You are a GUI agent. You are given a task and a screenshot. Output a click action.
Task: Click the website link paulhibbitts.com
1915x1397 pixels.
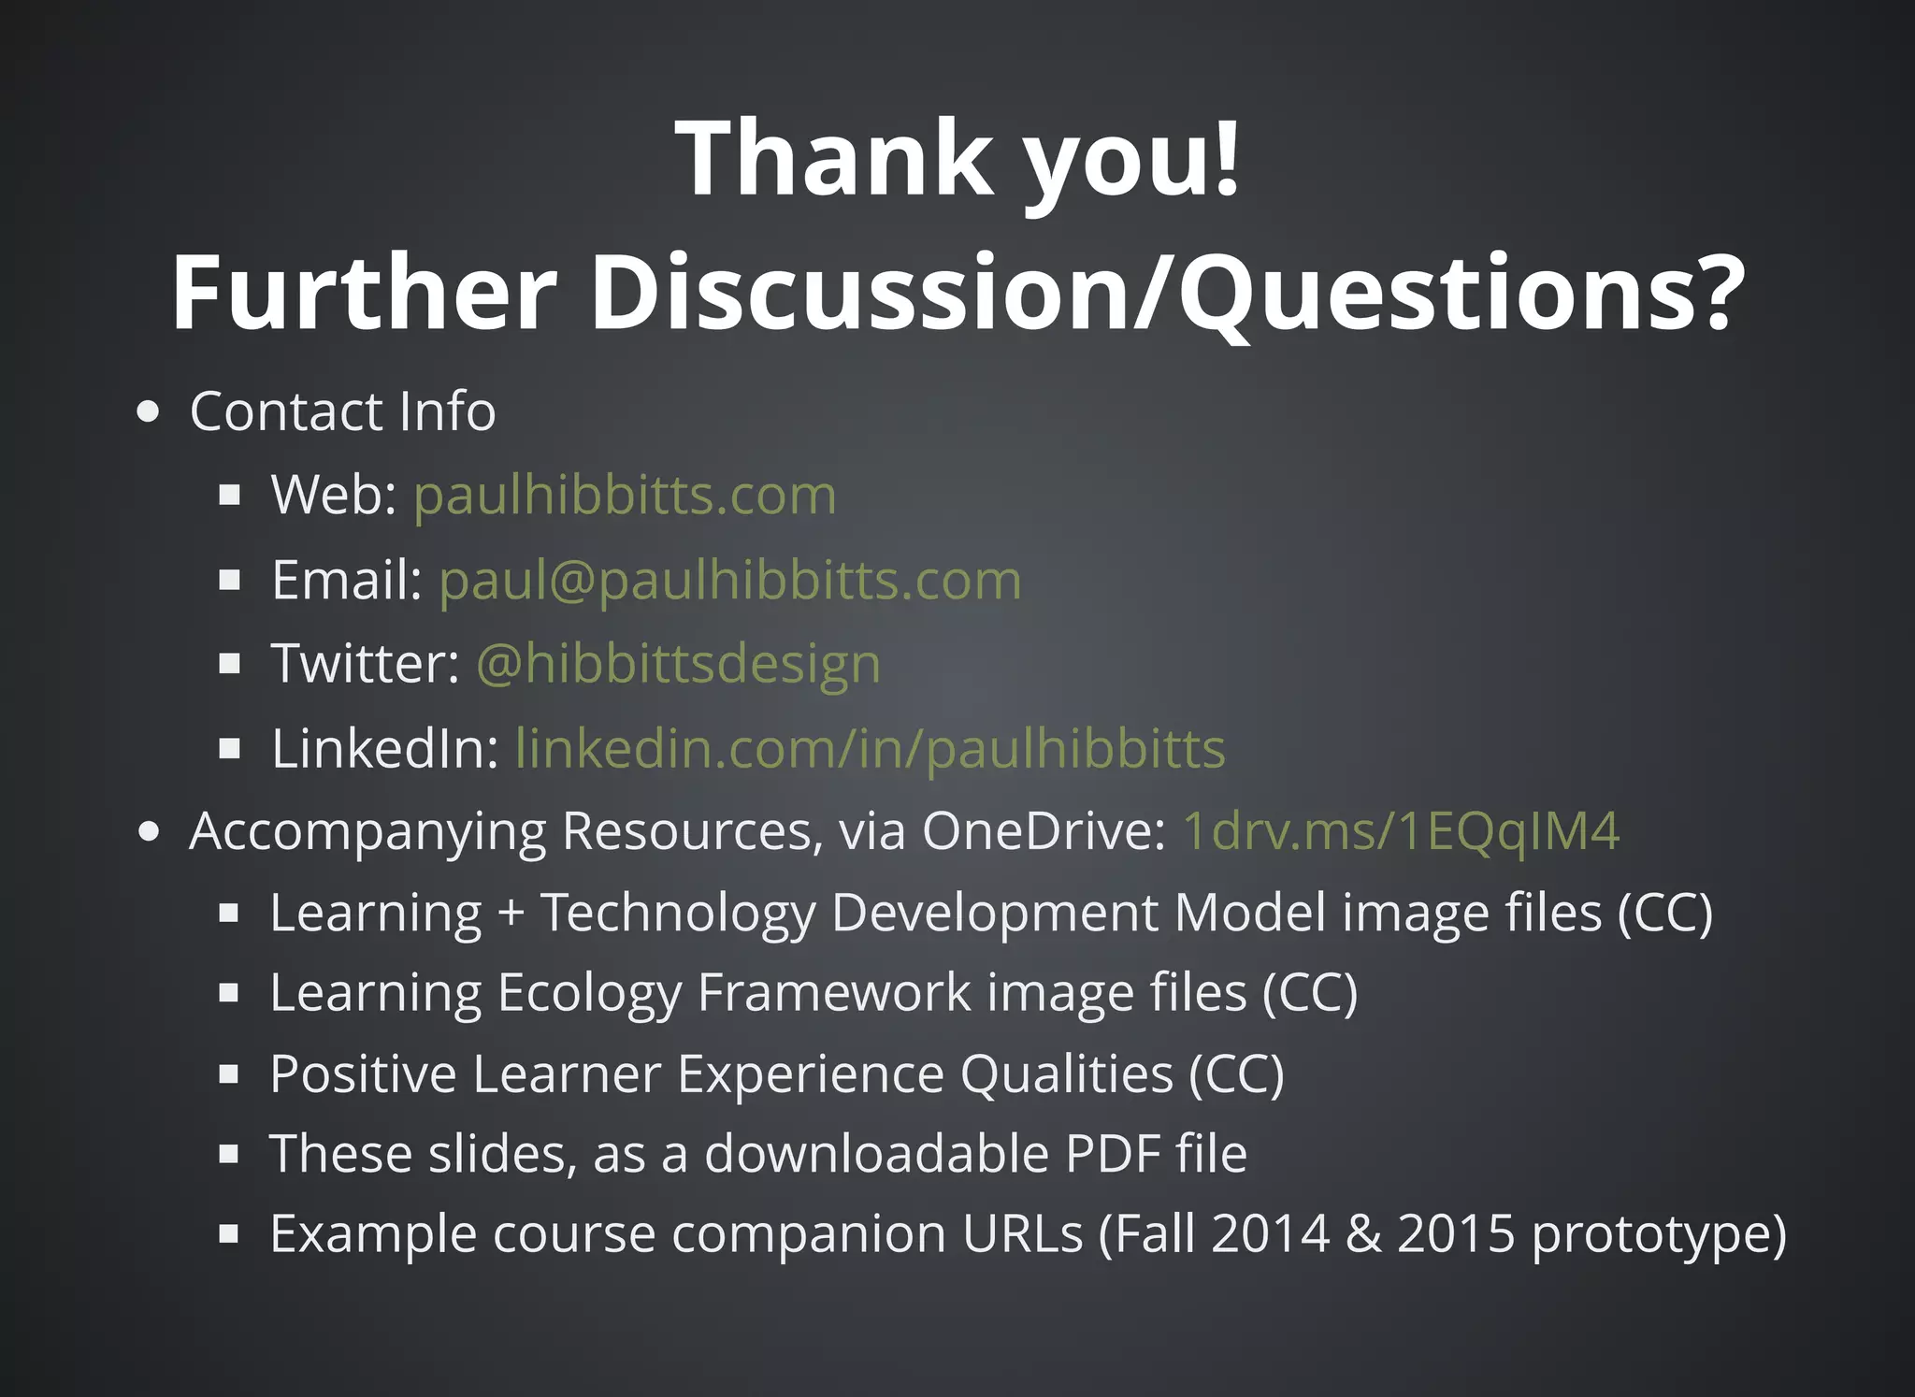[625, 495]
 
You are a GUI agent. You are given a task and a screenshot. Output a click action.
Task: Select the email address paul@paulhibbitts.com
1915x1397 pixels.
[729, 580]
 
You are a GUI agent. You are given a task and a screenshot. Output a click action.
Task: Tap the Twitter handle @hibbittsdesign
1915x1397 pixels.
[678, 664]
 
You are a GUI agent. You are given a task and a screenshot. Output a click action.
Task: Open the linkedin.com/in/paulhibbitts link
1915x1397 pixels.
[870, 749]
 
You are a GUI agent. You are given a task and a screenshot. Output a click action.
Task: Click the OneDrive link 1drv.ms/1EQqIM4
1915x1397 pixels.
[1401, 830]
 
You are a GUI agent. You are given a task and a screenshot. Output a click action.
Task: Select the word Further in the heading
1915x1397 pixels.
[365, 293]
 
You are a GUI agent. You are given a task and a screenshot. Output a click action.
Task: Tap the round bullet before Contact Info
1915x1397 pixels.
[148, 412]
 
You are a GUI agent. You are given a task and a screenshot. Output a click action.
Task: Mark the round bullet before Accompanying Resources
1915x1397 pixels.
[148, 831]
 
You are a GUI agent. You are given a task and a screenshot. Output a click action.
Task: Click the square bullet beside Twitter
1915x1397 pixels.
[229, 664]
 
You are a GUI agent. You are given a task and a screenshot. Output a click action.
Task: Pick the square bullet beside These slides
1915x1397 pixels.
[229, 1154]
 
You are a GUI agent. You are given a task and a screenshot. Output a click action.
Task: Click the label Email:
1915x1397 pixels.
[347, 580]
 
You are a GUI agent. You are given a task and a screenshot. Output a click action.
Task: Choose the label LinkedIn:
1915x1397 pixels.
[384, 749]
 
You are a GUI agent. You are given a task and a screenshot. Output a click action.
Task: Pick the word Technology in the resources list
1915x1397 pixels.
[678, 914]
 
